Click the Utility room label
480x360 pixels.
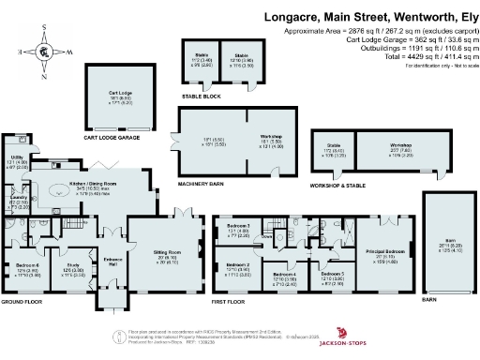[x=17, y=160]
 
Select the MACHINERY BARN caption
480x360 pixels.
[x=200, y=183]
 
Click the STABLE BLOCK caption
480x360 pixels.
[x=202, y=96]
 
